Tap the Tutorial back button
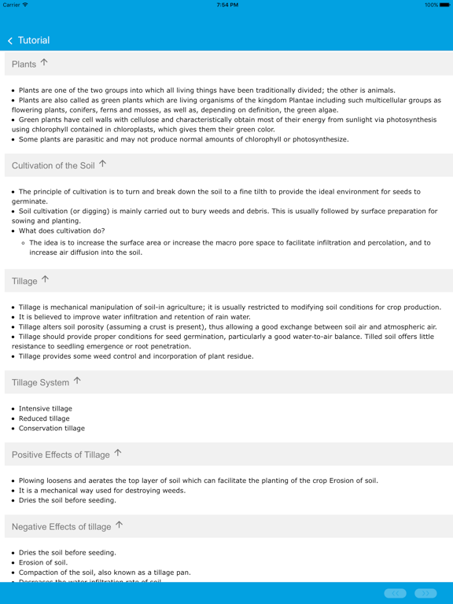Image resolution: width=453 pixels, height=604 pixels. tap(28, 40)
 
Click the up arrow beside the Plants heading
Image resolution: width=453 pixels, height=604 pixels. tap(44, 62)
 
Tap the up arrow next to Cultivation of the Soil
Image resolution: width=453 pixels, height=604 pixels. tap(102, 164)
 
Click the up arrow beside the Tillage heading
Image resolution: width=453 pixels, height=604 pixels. tap(45, 279)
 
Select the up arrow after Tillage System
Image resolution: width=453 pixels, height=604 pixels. tap(77, 381)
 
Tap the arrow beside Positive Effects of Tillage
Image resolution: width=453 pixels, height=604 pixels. tap(118, 453)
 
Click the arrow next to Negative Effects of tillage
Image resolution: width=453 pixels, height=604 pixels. tap(120, 525)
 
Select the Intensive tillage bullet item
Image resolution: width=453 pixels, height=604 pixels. tap(46, 409)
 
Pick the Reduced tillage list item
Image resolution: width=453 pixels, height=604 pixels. tap(44, 418)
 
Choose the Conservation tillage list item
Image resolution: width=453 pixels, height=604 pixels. tap(52, 429)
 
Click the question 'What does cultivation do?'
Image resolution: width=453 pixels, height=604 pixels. tap(61, 231)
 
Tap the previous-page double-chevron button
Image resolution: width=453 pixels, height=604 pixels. tap(396, 593)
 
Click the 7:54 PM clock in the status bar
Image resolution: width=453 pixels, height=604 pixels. tap(226, 5)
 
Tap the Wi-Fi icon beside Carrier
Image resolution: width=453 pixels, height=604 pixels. tap(25, 5)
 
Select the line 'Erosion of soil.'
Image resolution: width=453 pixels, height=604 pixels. tap(43, 562)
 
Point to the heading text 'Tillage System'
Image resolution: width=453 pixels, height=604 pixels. tap(40, 382)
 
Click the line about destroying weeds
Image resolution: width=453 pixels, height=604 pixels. tap(102, 490)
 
